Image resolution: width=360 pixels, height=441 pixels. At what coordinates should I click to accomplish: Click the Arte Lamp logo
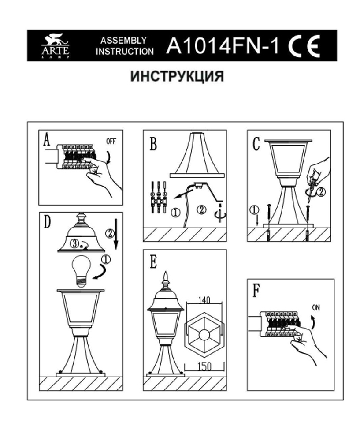pos(56,46)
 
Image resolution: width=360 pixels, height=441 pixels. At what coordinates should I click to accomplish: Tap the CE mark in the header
pos(304,46)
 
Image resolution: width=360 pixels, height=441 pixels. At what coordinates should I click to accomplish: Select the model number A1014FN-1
pos(223,45)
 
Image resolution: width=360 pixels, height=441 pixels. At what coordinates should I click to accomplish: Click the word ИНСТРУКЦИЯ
pos(177,76)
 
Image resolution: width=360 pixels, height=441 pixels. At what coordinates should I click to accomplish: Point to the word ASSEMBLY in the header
pos(124,41)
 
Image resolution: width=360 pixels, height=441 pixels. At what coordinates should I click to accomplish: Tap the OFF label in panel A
pos(111,141)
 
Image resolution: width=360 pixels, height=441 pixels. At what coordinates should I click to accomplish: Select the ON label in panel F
pos(316,307)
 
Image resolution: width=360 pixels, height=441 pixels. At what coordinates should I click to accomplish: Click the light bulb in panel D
pos(82,271)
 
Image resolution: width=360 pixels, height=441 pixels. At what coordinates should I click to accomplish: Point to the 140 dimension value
pos(204,300)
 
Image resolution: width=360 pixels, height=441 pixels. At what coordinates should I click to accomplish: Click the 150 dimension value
pos(204,366)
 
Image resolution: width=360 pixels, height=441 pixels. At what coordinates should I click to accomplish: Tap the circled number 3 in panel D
pos(74,243)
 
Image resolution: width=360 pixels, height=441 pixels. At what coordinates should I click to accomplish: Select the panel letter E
pos(153,262)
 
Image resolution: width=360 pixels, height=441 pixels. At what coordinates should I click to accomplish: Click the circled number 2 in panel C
pos(321,192)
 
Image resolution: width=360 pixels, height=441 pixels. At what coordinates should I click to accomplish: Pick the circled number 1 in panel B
pos(176,212)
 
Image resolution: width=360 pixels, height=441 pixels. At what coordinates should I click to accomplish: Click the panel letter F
pos(256,291)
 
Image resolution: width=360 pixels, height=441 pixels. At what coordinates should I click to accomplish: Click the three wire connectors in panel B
pos(159,197)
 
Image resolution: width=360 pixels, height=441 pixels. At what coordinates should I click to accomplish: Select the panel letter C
pos(256,144)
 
